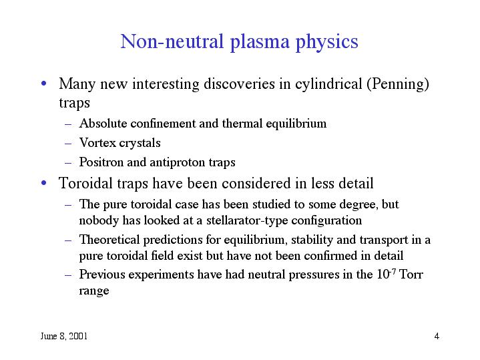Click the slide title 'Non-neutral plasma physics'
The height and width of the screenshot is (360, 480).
(239, 42)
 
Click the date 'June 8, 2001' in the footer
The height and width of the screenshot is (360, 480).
(63, 335)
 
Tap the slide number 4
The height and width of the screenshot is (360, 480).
(436, 335)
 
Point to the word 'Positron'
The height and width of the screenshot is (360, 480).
(99, 162)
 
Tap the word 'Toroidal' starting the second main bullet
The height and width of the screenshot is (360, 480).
(83, 183)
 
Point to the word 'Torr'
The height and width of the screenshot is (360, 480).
(411, 275)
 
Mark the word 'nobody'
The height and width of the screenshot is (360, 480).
(97, 220)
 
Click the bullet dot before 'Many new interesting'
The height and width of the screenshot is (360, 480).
(43, 85)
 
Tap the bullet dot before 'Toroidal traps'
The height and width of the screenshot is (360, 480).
(43, 183)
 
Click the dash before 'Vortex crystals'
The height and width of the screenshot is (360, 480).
(69, 144)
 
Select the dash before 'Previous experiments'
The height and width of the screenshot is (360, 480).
(69, 275)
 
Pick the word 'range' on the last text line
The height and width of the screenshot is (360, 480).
(94, 292)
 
